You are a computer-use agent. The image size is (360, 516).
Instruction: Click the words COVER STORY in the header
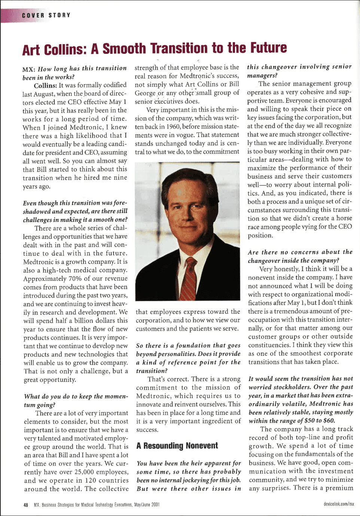pyautogui.click(x=46, y=15)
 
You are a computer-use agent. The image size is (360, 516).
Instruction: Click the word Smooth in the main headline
pyautogui.click(x=124, y=49)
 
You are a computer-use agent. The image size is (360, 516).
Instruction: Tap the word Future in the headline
pyautogui.click(x=268, y=48)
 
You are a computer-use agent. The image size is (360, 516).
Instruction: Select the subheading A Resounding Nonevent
pyautogui.click(x=177, y=446)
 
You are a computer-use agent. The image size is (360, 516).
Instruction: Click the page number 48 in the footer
pyautogui.click(x=26, y=505)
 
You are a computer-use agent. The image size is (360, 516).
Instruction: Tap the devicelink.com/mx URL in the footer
pyautogui.click(x=339, y=504)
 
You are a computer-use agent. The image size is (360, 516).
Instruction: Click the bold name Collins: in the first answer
pyautogui.click(x=45, y=86)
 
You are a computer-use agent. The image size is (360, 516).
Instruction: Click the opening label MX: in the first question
pyautogui.click(x=29, y=69)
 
